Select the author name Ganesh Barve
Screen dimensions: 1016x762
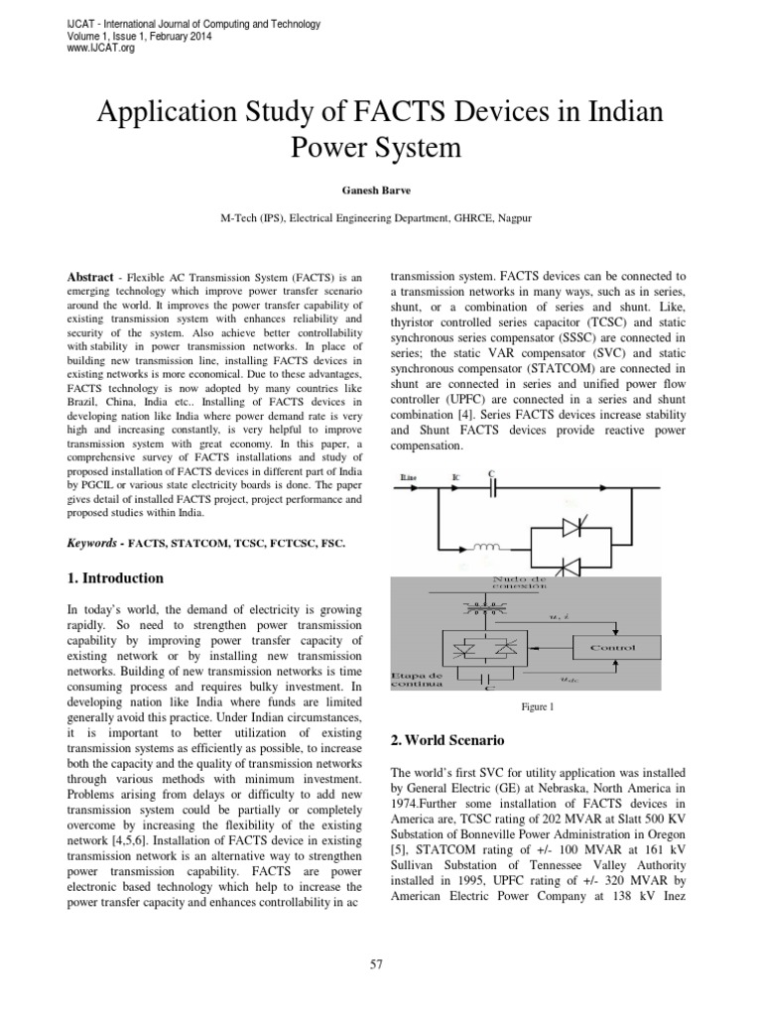point(381,190)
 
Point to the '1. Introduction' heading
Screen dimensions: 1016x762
point(114,577)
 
